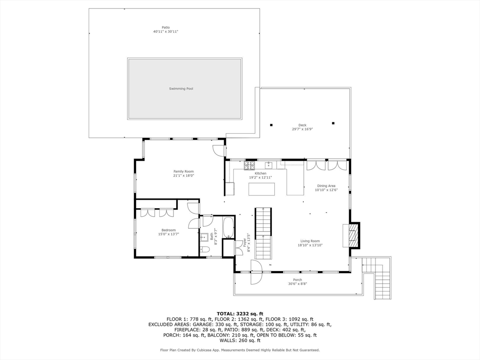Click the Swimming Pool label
point(181,89)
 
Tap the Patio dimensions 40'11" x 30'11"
point(165,31)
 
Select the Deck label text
point(302,125)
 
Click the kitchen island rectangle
point(262,189)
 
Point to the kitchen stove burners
point(249,165)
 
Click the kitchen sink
point(269,165)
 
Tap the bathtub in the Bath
point(228,227)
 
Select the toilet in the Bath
point(205,250)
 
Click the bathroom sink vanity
point(204,237)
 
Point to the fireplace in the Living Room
point(352,235)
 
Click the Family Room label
point(184,172)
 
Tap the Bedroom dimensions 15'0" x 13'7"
point(169,234)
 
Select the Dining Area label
point(326,186)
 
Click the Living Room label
point(310,241)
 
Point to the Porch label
point(298,280)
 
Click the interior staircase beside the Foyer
point(263,233)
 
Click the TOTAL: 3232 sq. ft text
point(240,314)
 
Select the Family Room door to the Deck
point(218,150)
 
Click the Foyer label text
point(245,242)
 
